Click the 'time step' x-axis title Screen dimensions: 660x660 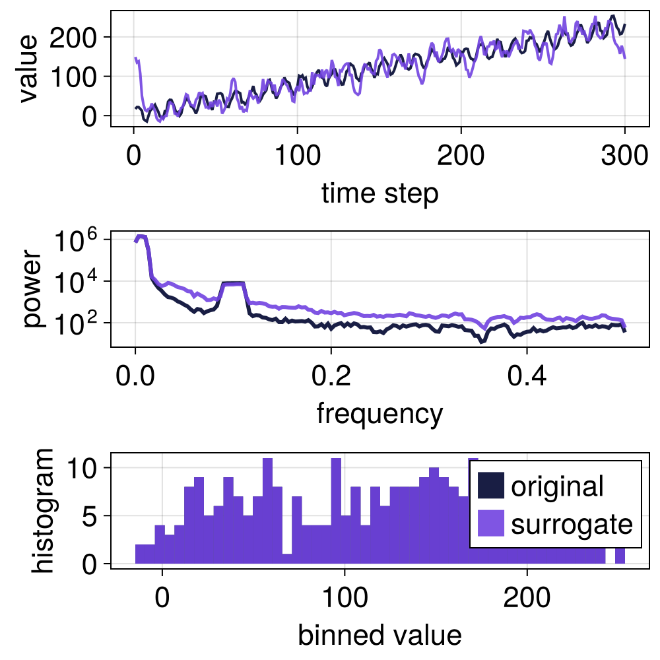(x=379, y=193)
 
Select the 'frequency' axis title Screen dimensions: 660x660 (x=379, y=414)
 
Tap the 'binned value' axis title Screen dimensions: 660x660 (x=379, y=635)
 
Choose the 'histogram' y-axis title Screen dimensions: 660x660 (x=45, y=510)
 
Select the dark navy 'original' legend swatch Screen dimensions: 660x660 (x=490, y=486)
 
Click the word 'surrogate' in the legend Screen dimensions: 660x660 (x=572, y=524)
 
